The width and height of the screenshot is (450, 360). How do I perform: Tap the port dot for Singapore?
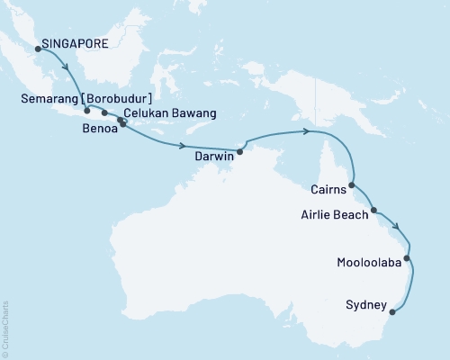pos(38,49)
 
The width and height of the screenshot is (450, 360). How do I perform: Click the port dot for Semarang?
pos(87,111)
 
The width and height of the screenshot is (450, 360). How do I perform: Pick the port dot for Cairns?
pos(352,184)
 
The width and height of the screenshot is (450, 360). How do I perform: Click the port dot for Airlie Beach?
pos(373,210)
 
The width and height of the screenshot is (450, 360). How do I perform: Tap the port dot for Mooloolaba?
pos(408,258)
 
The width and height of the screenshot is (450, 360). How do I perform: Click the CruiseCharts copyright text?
pos(6,329)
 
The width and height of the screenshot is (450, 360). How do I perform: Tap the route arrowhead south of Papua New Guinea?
pos(308,132)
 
